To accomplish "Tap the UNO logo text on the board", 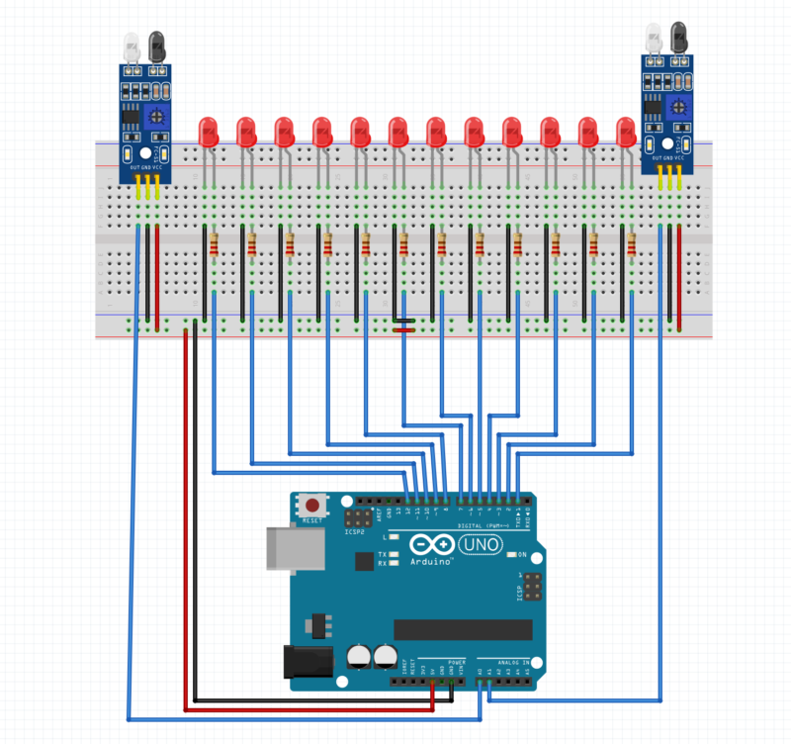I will click(x=483, y=545).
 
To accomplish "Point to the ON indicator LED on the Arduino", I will click(x=512, y=556).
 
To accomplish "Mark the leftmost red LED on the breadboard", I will click(x=209, y=133).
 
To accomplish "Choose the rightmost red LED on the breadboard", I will click(x=626, y=133).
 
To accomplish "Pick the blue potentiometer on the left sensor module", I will click(x=155, y=116).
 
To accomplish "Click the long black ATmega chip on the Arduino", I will click(x=463, y=629).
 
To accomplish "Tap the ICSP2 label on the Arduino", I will click(x=355, y=532).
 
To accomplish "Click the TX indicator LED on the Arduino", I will click(x=394, y=554).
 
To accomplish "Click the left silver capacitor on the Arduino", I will click(x=359, y=658).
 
